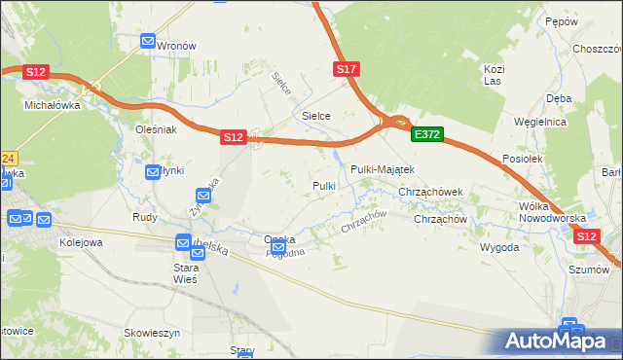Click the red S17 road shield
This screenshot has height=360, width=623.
[x=348, y=69]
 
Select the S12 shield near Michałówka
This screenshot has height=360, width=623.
[x=36, y=72]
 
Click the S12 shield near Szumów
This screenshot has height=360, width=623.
[x=587, y=236]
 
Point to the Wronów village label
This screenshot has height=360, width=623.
[x=177, y=46]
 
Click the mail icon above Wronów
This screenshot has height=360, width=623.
[x=149, y=42]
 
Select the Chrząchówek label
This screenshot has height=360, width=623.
[x=436, y=193]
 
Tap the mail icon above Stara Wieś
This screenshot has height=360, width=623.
[x=184, y=242]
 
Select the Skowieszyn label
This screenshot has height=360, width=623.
[x=153, y=332]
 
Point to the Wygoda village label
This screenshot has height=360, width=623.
[x=499, y=247]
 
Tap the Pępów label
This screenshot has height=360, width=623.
[x=562, y=21]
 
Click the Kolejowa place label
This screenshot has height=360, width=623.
[x=81, y=241]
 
